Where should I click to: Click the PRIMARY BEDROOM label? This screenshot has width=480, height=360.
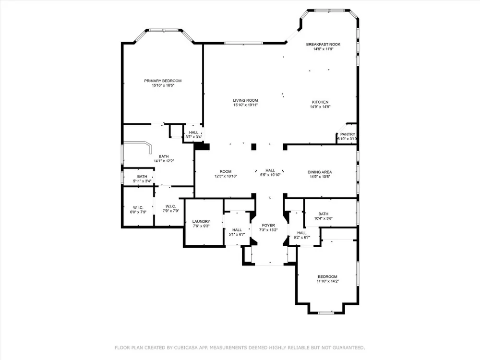163,81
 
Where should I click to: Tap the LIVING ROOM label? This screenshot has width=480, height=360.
245,100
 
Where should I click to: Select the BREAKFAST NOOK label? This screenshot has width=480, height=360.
323,44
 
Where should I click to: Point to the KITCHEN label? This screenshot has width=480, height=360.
320,102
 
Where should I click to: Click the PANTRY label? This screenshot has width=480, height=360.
348,134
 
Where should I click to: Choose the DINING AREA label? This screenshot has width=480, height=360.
320,172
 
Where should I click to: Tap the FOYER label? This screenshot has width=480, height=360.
268,225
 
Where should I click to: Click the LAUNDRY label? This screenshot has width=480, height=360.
201,222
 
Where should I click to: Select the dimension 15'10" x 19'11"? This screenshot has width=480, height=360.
245,105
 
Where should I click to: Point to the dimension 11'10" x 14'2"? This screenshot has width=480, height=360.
327,281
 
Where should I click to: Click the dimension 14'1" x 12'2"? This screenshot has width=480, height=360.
164,161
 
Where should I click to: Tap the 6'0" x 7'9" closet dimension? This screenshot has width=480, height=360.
138,212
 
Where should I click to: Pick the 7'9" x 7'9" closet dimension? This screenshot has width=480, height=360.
170,211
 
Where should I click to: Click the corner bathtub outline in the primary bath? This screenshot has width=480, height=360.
150,145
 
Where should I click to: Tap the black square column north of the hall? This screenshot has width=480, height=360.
253,147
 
